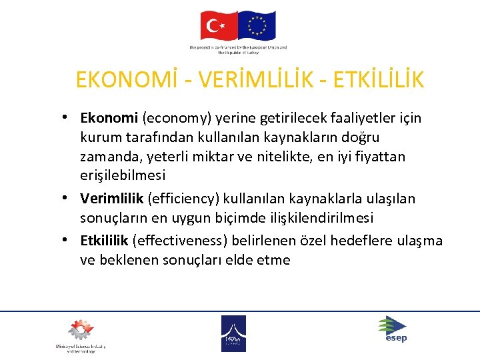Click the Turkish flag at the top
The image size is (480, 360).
218,25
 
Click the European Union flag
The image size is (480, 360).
257,25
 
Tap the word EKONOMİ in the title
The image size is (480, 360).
123,80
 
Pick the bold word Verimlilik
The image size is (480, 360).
112,199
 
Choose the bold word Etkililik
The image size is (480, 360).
105,240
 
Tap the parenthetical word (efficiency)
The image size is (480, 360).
181,199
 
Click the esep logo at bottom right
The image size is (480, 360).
393,328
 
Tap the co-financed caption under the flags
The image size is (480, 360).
238,50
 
